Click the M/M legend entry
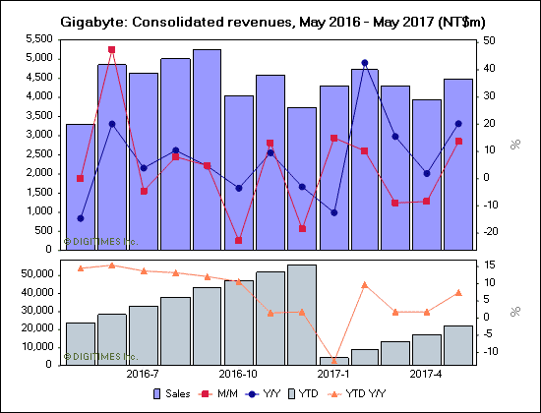point(243,393)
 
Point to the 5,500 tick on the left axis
point(39,38)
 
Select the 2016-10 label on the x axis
point(238,375)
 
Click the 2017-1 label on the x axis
point(332,375)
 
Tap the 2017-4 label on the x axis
point(427,375)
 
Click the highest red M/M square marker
point(111,49)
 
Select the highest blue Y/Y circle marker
point(364,63)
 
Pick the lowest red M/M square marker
point(238,240)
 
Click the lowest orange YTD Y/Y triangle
point(332,360)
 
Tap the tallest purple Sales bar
point(207,147)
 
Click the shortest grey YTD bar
point(332,360)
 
